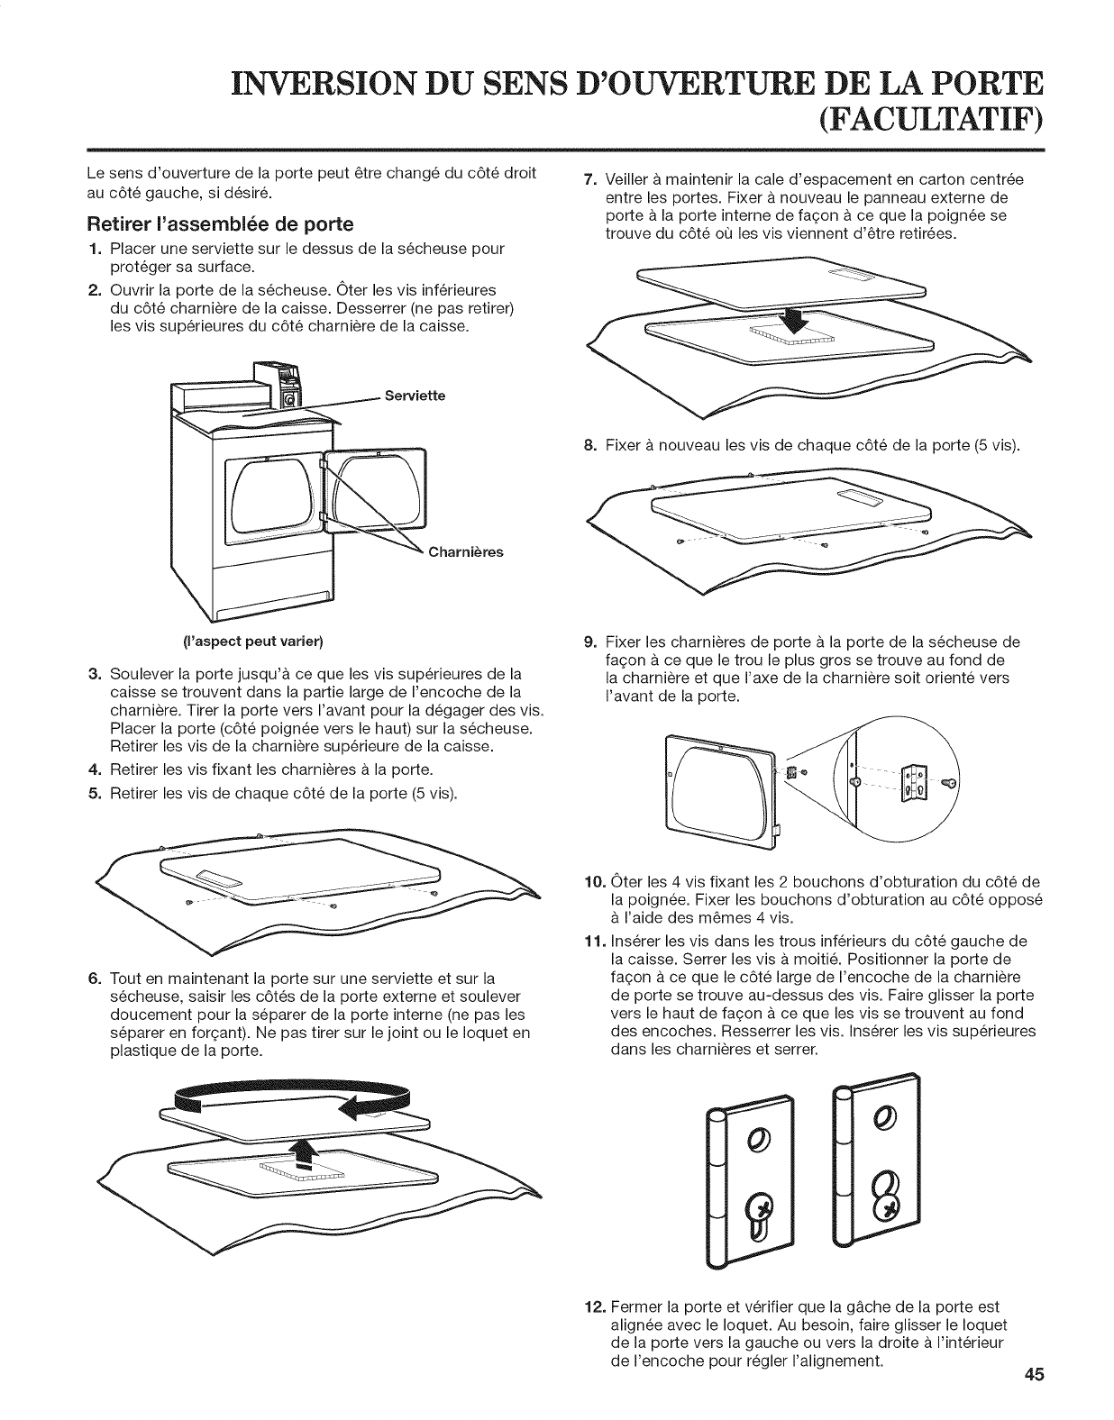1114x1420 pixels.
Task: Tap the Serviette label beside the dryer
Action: pos(415,396)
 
